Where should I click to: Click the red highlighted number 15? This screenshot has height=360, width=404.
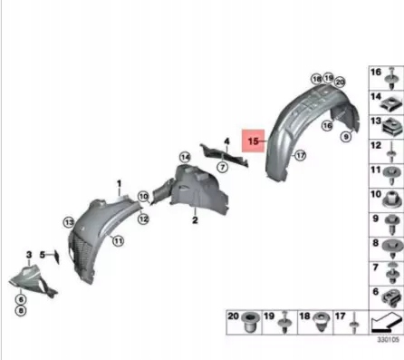point(253,141)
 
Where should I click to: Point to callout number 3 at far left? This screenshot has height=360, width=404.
point(29,256)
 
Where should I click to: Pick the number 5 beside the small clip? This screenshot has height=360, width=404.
point(41,256)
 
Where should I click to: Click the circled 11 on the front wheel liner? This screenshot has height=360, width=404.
point(118,240)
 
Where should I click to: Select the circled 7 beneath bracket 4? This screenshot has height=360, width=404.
point(224,170)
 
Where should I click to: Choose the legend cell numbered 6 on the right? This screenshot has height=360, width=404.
point(386,295)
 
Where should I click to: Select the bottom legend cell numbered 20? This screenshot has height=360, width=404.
point(242,321)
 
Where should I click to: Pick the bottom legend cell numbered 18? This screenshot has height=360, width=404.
point(316,321)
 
